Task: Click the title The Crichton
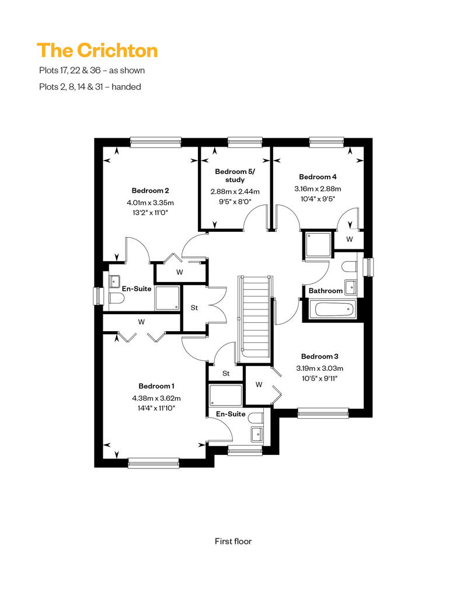click(97, 51)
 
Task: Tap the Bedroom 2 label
click(150, 190)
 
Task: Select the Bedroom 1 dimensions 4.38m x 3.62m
click(156, 398)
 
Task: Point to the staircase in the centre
click(255, 319)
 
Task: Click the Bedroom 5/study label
click(235, 176)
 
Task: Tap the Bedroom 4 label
click(318, 177)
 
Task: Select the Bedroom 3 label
click(320, 356)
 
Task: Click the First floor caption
click(233, 541)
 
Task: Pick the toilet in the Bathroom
click(350, 267)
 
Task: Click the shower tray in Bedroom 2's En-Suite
click(168, 298)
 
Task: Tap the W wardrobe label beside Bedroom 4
click(350, 239)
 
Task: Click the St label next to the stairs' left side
click(194, 308)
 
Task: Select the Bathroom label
click(326, 291)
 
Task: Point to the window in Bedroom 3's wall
click(323, 413)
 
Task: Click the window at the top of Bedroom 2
click(156, 142)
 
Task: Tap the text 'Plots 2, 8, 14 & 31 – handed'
click(90, 87)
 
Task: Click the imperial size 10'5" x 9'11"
click(320, 378)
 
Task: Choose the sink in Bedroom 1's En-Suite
click(257, 434)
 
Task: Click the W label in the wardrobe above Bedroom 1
click(141, 322)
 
